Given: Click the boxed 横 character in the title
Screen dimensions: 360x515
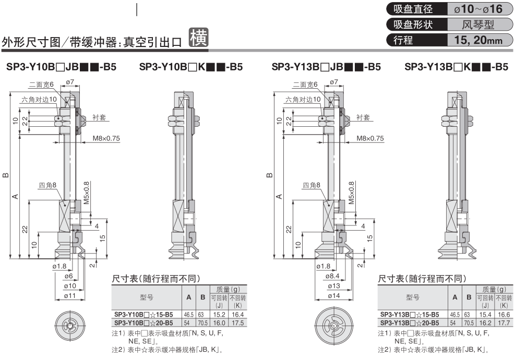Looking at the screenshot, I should tap(198, 38).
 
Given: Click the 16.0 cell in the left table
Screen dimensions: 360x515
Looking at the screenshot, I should tap(219, 323).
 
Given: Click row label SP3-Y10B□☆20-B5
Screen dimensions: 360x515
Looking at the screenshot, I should tap(143, 323).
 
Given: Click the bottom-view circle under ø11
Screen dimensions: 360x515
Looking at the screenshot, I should tap(68, 326).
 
